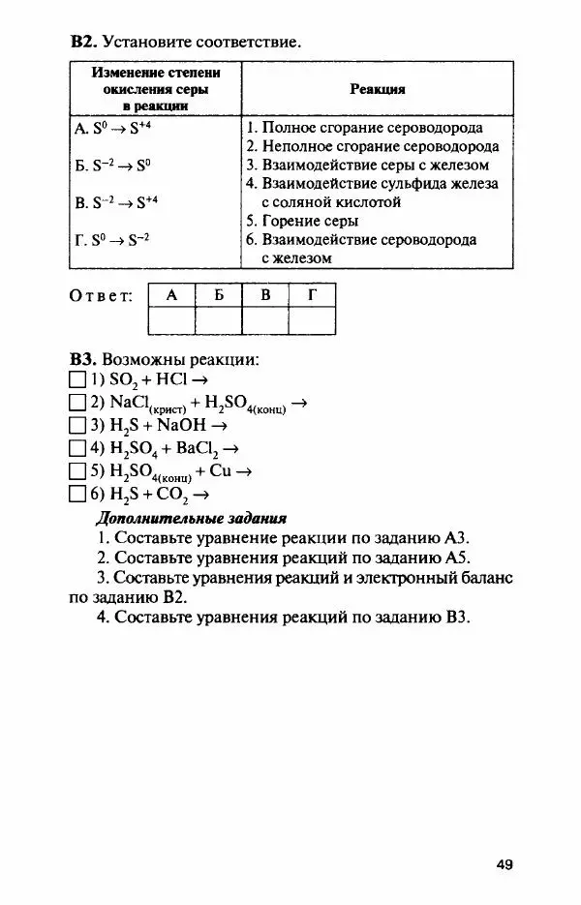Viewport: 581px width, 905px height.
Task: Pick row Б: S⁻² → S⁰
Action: (112, 166)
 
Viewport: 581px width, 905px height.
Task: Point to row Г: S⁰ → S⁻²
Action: (111, 240)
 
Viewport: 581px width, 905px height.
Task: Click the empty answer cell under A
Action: (171, 320)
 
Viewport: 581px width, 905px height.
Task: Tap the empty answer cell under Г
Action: (312, 320)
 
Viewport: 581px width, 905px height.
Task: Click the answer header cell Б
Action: (219, 295)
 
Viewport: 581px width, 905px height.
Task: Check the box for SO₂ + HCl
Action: (77, 380)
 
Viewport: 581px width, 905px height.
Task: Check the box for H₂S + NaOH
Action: (77, 426)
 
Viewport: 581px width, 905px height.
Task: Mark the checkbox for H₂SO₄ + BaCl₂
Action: (77, 449)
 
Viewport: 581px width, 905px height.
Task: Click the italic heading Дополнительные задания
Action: (192, 518)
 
